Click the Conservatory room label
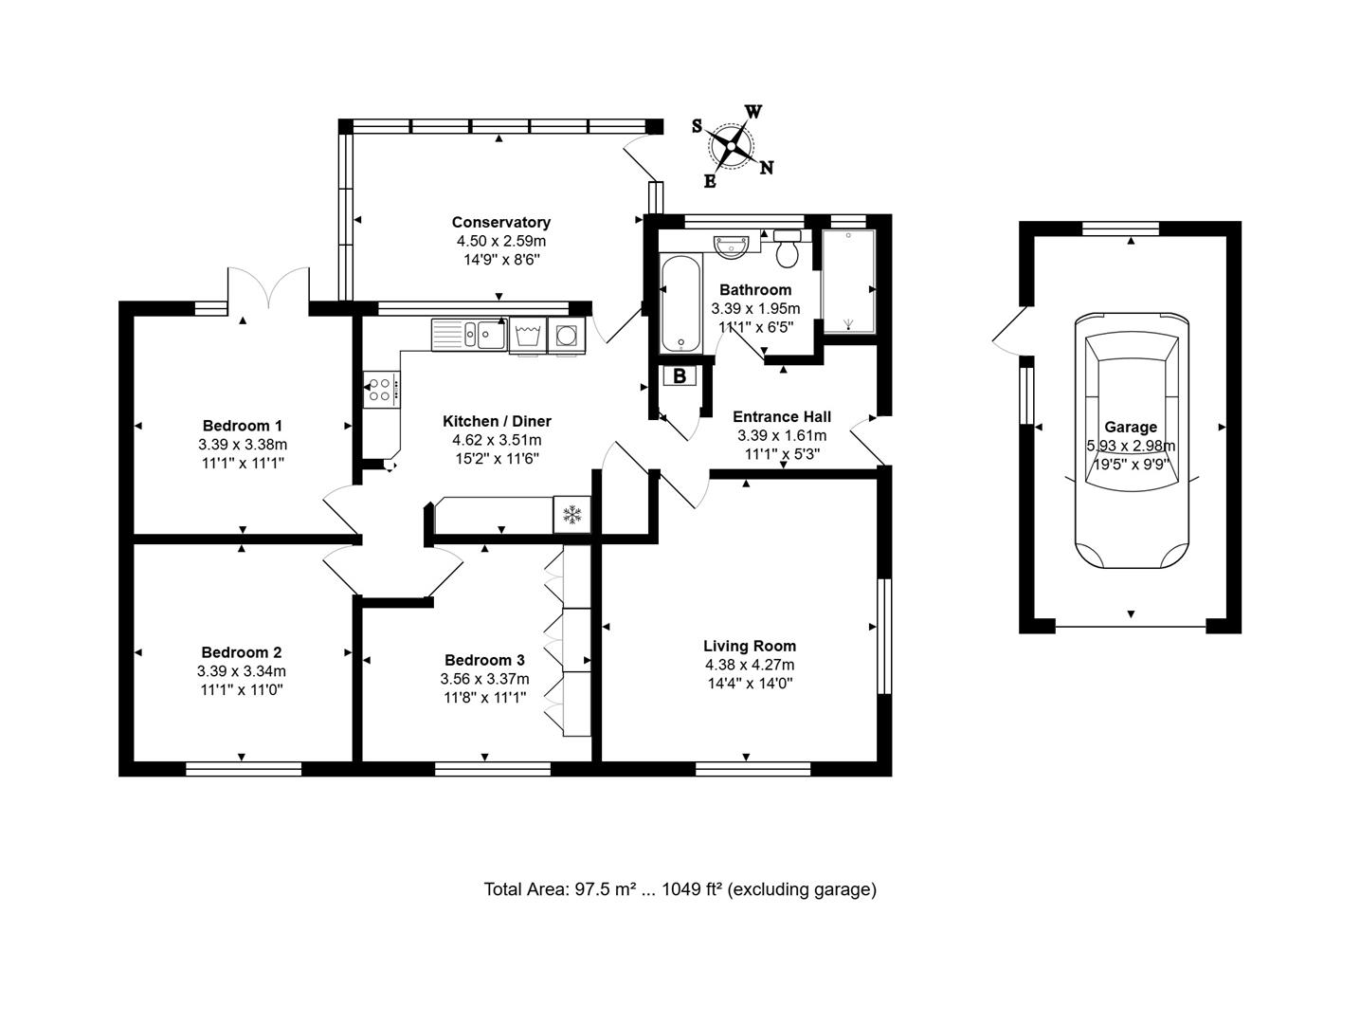click(500, 222)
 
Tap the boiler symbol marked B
click(680, 375)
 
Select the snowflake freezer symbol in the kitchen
click(571, 514)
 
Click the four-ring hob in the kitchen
click(381, 390)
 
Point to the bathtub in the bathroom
click(680, 304)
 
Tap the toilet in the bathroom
click(787, 248)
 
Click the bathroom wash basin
click(731, 246)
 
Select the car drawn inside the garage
click(1132, 440)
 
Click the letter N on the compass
click(767, 168)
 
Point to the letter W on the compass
click(753, 112)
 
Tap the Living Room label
click(749, 646)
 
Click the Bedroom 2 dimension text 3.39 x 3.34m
click(242, 670)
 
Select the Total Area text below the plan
click(680, 889)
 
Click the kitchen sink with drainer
click(469, 335)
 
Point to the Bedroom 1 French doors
click(268, 287)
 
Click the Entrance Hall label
click(782, 416)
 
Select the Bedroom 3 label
click(484, 660)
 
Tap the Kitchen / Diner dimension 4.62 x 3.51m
click(497, 440)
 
